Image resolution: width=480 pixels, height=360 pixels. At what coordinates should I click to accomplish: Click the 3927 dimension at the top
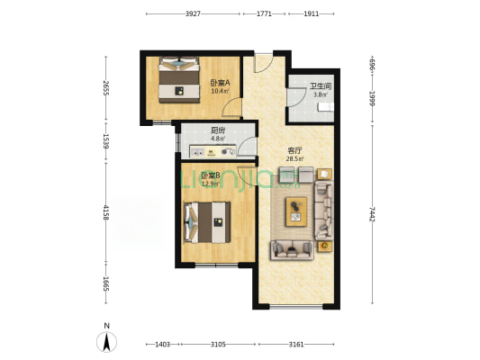pos(193,13)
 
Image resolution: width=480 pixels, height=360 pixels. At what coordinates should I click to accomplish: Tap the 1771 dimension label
pos(264,13)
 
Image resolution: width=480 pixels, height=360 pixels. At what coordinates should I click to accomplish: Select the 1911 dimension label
pos(311,13)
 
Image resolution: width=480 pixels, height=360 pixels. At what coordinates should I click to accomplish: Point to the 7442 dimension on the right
pos(372,214)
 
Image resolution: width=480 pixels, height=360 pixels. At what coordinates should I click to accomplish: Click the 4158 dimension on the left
pos(106,212)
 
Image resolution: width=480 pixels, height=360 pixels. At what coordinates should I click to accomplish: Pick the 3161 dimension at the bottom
pos(296,345)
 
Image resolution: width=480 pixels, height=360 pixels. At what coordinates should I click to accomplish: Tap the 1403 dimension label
pos(162,345)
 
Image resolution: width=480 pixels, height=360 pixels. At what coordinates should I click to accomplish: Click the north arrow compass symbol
pos(106,341)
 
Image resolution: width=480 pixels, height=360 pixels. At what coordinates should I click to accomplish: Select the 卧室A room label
pos(220,83)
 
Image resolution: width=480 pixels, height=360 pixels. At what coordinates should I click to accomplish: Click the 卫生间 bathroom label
pos(321,86)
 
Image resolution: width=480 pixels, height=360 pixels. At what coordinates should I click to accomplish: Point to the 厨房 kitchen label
pos(218,130)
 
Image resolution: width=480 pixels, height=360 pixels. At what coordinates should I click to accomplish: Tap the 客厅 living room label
pos(294,150)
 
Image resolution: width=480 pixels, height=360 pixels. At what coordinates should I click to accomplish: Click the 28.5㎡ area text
pos(294,158)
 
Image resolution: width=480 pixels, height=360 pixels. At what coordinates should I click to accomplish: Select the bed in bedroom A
pos(179,79)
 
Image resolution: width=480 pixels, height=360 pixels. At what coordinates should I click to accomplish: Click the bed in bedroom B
pos(207,222)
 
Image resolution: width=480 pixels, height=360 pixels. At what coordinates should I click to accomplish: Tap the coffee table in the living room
pos(296,211)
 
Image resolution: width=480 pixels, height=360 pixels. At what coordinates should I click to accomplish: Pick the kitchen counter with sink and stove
pos(213,151)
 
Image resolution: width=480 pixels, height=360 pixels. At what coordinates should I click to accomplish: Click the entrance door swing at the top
pos(263,63)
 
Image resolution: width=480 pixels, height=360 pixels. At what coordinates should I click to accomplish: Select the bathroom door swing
pos(296,97)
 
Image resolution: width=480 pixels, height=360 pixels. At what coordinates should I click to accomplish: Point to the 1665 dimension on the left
pos(106,283)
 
